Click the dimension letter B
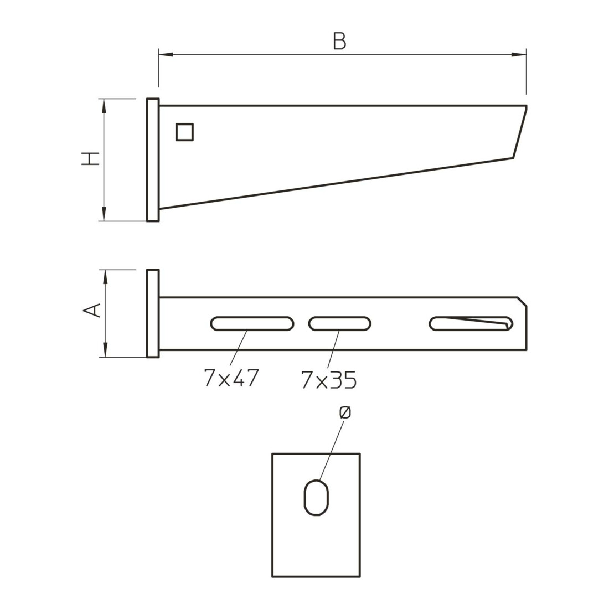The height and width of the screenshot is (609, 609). click(x=339, y=41)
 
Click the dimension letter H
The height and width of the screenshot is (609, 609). click(x=90, y=158)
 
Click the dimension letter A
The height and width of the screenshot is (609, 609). click(x=92, y=311)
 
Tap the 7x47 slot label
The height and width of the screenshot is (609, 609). click(x=231, y=378)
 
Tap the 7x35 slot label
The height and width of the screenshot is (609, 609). click(x=328, y=380)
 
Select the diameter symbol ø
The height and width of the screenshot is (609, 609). click(x=344, y=412)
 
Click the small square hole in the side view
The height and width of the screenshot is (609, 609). click(x=184, y=132)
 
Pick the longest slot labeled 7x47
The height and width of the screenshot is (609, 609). click(x=252, y=323)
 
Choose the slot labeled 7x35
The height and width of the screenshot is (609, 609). click(x=340, y=323)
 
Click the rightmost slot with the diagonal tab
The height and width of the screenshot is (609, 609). click(x=471, y=323)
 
